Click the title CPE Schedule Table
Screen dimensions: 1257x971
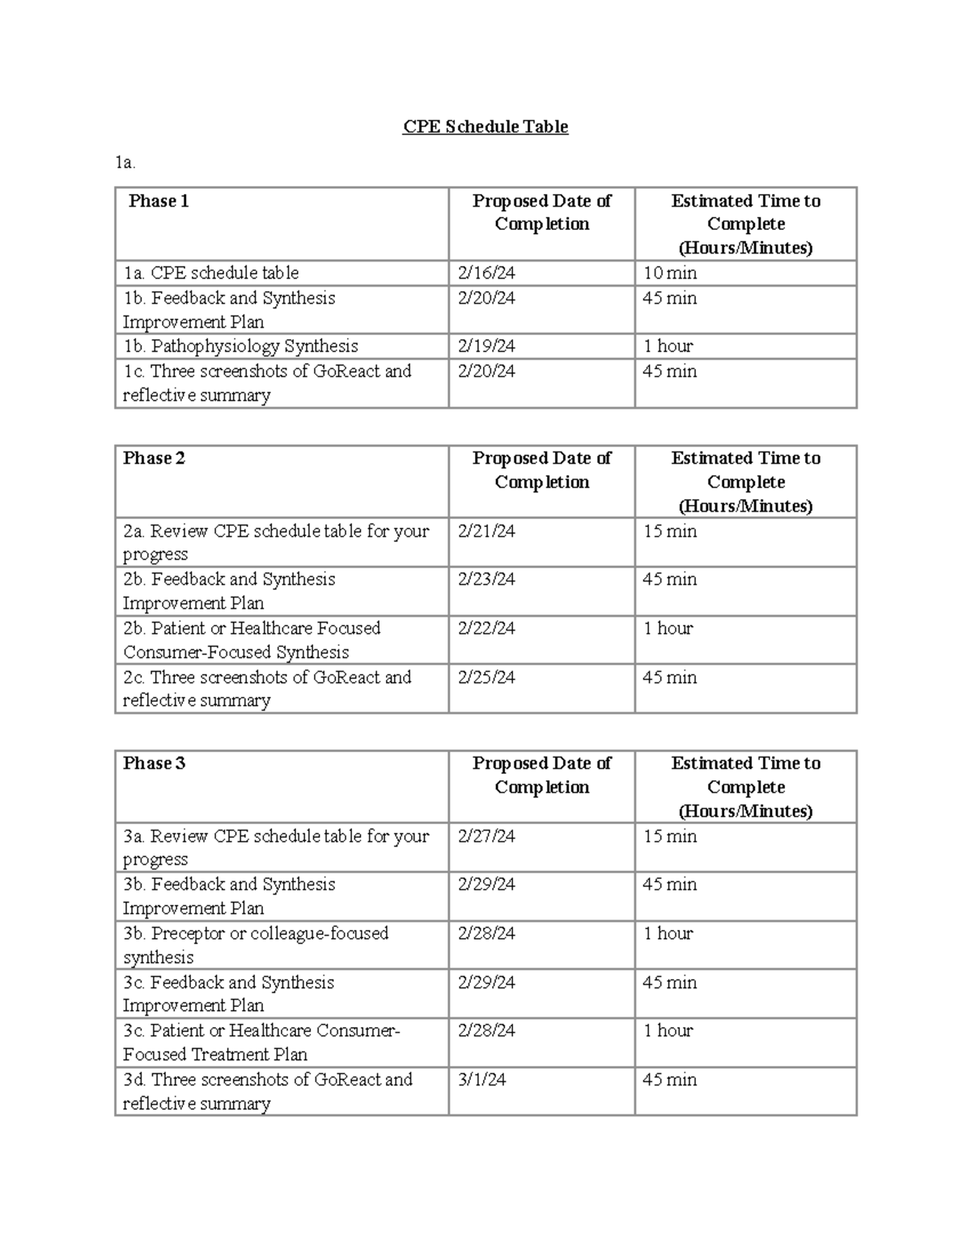pyautogui.click(x=485, y=127)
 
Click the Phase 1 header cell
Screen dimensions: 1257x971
pyautogui.click(x=159, y=202)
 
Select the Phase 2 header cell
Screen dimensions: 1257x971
pyautogui.click(x=154, y=458)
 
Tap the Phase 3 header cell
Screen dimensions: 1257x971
pyautogui.click(x=154, y=763)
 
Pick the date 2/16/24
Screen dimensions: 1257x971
pyautogui.click(x=485, y=273)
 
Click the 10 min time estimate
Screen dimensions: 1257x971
pyautogui.click(x=669, y=273)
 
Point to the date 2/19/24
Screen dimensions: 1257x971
pyautogui.click(x=485, y=346)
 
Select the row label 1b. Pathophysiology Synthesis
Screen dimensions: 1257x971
pyautogui.click(x=240, y=346)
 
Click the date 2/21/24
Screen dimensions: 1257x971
pyautogui.click(x=485, y=531)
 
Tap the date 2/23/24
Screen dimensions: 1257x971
pyautogui.click(x=485, y=580)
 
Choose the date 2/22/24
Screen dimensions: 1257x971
pyautogui.click(x=485, y=628)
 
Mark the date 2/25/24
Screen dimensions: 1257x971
pyautogui.click(x=485, y=677)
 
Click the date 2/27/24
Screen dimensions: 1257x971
pyautogui.click(x=485, y=836)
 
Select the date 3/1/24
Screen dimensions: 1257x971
pyautogui.click(x=481, y=1080)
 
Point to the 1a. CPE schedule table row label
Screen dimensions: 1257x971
pyautogui.click(x=210, y=273)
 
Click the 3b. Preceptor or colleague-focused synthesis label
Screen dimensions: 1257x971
pyautogui.click(x=256, y=945)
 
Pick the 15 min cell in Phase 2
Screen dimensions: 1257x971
pyautogui.click(x=669, y=531)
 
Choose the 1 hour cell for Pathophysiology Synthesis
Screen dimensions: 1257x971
pyautogui.click(x=668, y=346)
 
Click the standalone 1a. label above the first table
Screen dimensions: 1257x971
pyautogui.click(x=125, y=163)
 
